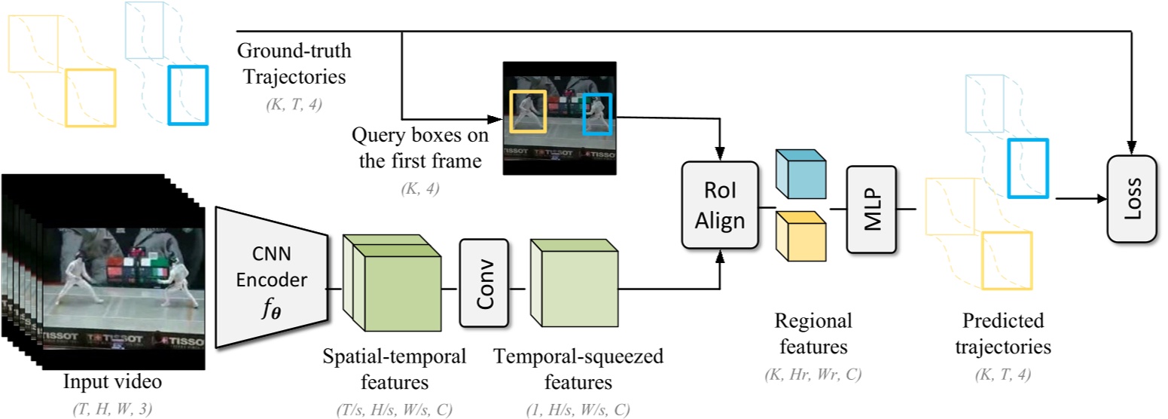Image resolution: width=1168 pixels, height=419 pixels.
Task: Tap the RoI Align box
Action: [718, 205]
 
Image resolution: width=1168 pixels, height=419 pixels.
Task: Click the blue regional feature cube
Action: [800, 172]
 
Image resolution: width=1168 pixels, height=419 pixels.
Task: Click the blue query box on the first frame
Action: [599, 114]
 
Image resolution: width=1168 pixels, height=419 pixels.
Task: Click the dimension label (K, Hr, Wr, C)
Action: [813, 372]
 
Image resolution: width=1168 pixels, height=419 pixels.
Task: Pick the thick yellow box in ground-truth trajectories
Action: [90, 97]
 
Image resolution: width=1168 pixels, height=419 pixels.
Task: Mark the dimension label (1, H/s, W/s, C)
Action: [578, 409]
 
